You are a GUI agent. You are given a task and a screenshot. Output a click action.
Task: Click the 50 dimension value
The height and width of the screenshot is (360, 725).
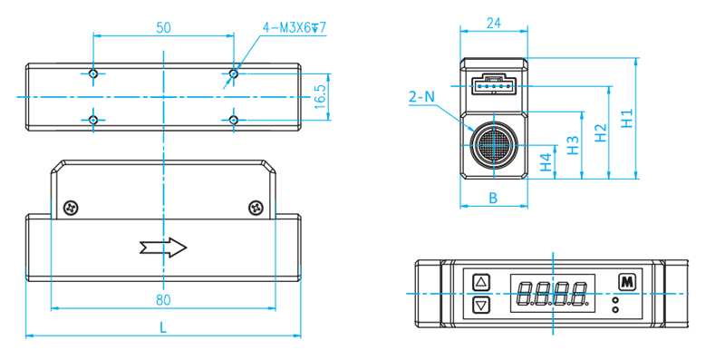[x=163, y=28]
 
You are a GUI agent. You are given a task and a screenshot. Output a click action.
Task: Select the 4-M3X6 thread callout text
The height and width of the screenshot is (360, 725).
[x=294, y=28]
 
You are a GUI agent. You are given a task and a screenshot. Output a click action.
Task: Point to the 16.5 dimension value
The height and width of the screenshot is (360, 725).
[x=320, y=97]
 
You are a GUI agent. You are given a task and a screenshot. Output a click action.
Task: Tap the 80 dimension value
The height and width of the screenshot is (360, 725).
[x=163, y=300]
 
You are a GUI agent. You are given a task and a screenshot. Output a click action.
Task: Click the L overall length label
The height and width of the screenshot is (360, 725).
[x=163, y=328]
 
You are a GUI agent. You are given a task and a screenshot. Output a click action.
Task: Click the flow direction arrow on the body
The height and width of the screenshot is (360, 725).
[x=163, y=248]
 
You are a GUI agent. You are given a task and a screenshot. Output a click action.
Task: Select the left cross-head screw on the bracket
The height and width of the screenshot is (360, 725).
[x=71, y=208]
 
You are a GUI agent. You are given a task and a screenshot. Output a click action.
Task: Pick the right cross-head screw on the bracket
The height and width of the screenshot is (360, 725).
[x=256, y=208]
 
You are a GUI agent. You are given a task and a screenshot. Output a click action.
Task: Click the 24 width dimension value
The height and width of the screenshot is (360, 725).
[x=494, y=24]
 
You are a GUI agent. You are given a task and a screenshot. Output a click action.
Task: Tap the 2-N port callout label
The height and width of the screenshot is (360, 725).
[x=421, y=97]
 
